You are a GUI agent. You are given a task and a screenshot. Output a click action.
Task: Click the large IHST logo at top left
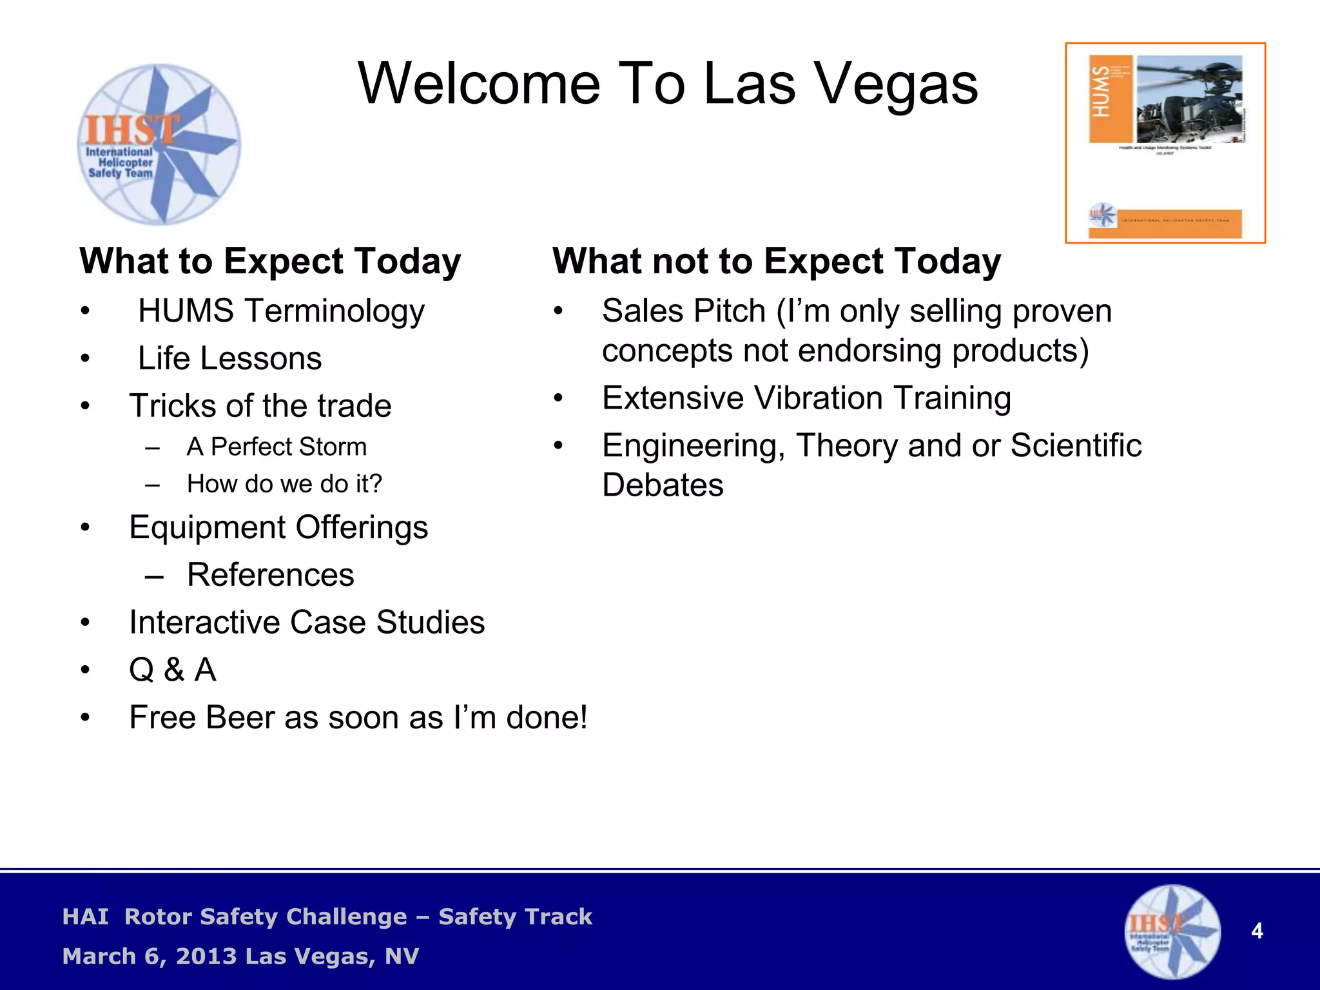pyautogui.click(x=159, y=144)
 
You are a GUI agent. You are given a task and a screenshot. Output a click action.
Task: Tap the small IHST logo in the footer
pyautogui.click(x=1172, y=931)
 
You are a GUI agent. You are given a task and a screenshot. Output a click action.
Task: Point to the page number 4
pyautogui.click(x=1256, y=931)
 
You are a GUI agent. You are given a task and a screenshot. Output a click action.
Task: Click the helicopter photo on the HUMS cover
pyautogui.click(x=1189, y=99)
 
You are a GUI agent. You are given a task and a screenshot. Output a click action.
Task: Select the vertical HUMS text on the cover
pyautogui.click(x=1101, y=92)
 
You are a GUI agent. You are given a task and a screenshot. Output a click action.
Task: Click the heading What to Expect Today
pyautogui.click(x=270, y=262)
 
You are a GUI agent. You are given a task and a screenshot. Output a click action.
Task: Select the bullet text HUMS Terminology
pyautogui.click(x=281, y=311)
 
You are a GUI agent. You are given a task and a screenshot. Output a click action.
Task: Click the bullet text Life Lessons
pyautogui.click(x=229, y=358)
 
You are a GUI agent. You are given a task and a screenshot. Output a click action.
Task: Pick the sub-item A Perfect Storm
pyautogui.click(x=277, y=447)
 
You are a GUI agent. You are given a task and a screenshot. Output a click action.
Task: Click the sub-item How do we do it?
pyautogui.click(x=284, y=483)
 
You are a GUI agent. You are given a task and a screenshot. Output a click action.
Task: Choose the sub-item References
pyautogui.click(x=270, y=574)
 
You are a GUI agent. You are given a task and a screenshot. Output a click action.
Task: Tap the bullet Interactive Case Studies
pyautogui.click(x=307, y=623)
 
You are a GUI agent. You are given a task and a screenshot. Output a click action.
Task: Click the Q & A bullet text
pyautogui.click(x=172, y=670)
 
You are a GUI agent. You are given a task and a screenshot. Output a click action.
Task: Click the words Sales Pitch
pyautogui.click(x=683, y=311)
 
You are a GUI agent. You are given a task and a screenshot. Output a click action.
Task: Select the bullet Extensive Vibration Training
pyautogui.click(x=806, y=398)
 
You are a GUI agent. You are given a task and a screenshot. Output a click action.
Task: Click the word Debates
pyautogui.click(x=662, y=485)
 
